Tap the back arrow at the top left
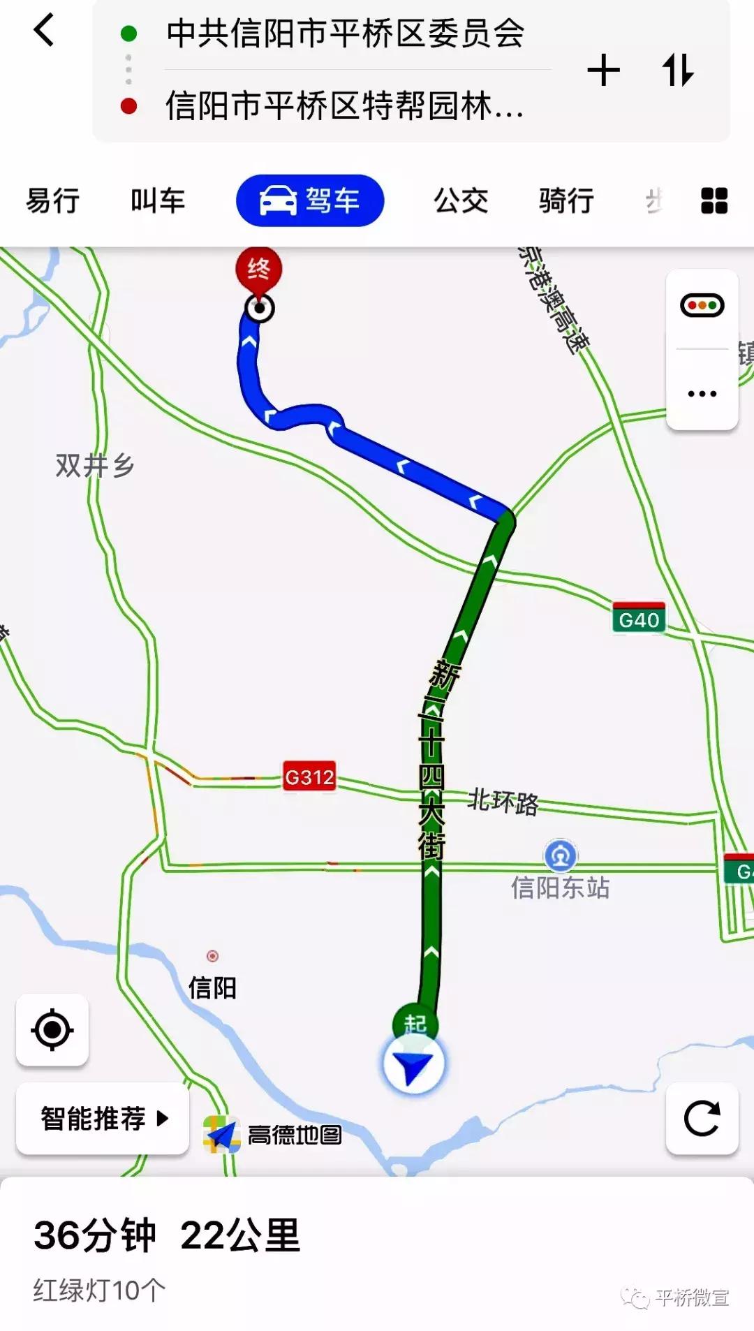43,31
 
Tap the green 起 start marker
415,1023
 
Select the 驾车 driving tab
310,201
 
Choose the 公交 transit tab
461,201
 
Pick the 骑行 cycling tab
566,201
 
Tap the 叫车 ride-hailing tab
158,201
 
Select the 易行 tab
53,201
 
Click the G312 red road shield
309,777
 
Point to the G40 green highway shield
639,619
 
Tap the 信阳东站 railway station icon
560,855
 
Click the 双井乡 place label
95,465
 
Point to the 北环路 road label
503,802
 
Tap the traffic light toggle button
702,306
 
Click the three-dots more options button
702,394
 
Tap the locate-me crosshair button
52,1030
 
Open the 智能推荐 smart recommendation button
103,1119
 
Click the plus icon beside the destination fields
604,71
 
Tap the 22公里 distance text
240,1235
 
